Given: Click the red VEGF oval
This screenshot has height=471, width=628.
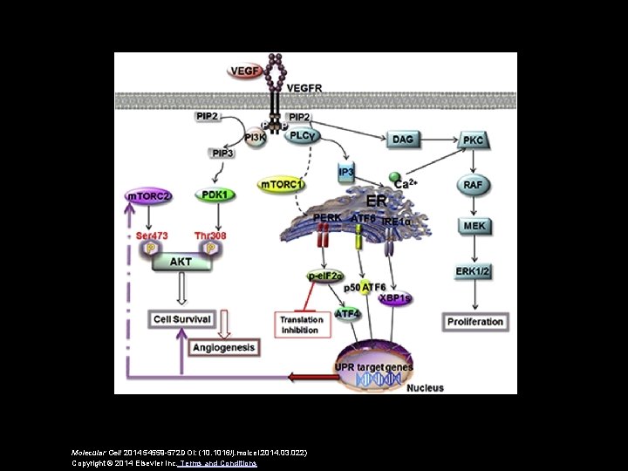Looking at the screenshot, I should pos(244,70).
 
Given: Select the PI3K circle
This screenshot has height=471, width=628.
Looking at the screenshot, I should pos(256,138).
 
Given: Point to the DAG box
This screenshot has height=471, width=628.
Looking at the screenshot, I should pos(401,140).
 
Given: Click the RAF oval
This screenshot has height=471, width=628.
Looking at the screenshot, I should pos(474,185).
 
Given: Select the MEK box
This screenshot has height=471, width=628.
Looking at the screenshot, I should pos(474,226).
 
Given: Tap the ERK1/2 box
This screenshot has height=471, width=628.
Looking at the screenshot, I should pos(474,272).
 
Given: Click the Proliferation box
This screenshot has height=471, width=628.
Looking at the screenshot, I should pos(475,321).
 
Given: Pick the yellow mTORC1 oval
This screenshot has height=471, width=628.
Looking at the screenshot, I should pos(282,185).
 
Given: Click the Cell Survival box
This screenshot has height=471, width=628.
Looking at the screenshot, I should pos(181,318).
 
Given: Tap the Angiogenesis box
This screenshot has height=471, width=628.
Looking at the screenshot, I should pos(223,346).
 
